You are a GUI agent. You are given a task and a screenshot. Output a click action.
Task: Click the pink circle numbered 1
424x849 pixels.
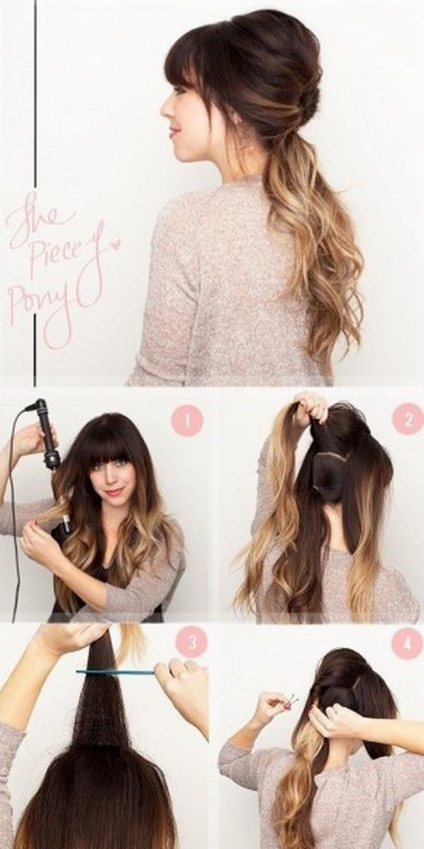(x=187, y=421)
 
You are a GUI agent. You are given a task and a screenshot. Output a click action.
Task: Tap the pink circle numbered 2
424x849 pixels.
(x=407, y=419)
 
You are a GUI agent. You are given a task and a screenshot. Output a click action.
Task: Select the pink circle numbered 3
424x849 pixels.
(x=192, y=642)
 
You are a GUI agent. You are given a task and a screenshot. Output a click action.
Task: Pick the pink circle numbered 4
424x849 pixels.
(x=406, y=644)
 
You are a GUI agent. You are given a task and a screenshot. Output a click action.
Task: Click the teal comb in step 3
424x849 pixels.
(x=115, y=673)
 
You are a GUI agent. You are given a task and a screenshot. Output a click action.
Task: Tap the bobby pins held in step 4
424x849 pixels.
(x=292, y=701)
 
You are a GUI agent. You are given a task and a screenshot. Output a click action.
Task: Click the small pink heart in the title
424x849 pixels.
(x=114, y=245)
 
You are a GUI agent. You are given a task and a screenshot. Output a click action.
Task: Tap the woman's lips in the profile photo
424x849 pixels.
(x=174, y=132)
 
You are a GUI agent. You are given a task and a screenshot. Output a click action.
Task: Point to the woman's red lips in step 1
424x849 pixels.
(x=114, y=492)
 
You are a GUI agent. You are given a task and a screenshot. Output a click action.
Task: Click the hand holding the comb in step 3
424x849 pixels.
(x=182, y=694)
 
